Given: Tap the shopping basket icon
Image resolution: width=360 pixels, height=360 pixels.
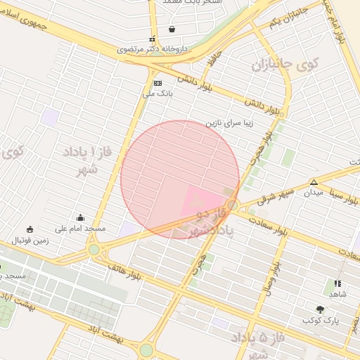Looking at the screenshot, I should click(172, 30).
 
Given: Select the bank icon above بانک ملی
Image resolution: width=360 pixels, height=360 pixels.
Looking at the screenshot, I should click(157, 82).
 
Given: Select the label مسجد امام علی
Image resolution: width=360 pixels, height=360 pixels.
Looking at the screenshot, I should click(81, 229).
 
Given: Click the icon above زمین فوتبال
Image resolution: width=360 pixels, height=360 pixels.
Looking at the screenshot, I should click(29, 229).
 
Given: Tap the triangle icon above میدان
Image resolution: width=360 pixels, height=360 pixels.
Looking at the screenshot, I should click(314, 181).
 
